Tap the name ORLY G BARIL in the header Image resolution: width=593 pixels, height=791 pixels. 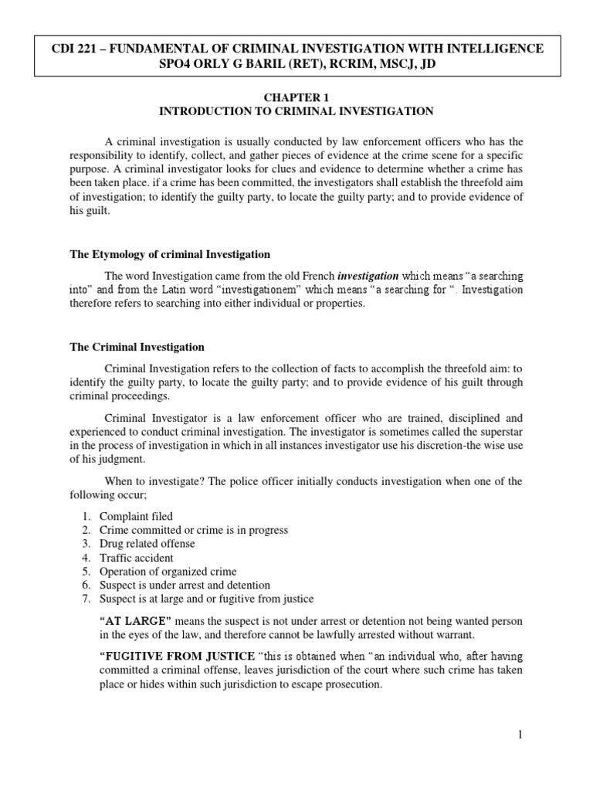[x=236, y=65]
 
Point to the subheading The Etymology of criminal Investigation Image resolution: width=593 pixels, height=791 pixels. [x=170, y=254]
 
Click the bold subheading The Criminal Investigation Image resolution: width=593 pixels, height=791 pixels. [x=137, y=347]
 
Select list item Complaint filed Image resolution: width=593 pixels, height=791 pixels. [x=136, y=516]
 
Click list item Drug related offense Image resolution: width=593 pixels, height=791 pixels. [x=147, y=544]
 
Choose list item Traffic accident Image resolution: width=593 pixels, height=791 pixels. [x=137, y=558]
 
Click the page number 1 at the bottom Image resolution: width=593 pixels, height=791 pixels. [x=520, y=735]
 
